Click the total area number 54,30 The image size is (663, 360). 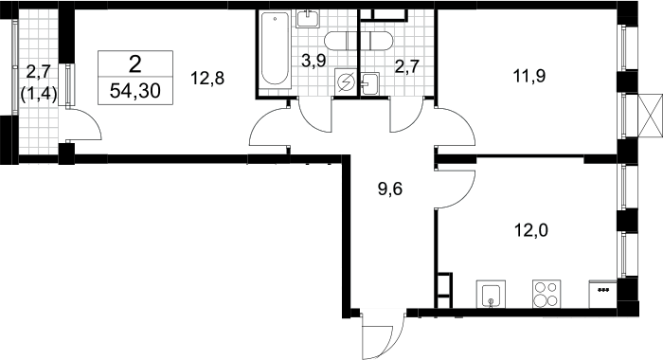point(134,91)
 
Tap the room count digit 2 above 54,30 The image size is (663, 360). point(134,64)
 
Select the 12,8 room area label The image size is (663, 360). point(207,79)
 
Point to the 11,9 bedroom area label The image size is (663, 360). point(529,76)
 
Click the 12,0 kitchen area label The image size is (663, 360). point(531,230)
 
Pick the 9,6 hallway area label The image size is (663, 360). point(390,189)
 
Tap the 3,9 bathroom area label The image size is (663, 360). point(314,61)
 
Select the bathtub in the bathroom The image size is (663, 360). point(275,50)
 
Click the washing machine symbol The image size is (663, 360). point(346,81)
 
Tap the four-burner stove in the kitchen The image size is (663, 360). point(547,294)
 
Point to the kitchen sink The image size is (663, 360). point(491,294)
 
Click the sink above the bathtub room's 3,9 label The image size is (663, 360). point(308,19)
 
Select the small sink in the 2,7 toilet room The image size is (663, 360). point(370,83)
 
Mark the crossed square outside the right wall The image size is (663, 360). point(650,116)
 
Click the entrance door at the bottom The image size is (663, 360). point(383,334)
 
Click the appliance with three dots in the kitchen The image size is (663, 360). point(602,294)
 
